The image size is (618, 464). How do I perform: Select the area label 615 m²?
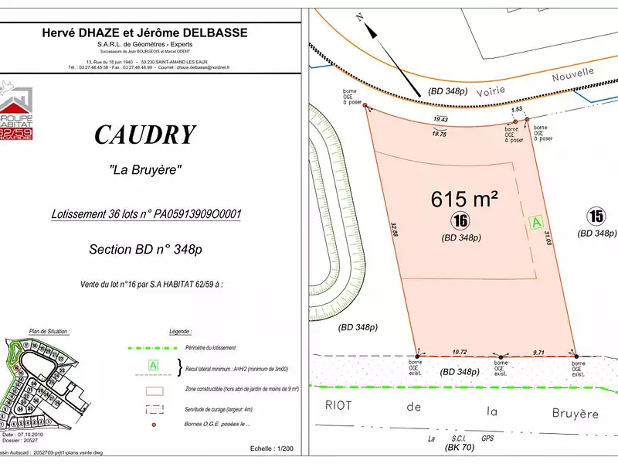point(463,199)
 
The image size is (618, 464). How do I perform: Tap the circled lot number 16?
point(461,221)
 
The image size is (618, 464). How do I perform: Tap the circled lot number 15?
point(596,216)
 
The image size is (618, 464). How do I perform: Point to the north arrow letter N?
point(359,15)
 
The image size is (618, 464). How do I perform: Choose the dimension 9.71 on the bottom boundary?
point(538,352)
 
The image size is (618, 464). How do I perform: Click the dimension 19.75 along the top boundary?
point(440,134)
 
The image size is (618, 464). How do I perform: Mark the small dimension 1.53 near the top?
point(517,110)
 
